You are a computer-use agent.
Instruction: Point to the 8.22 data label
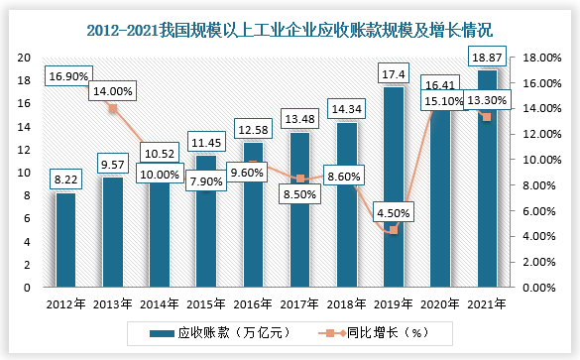(x=65, y=179)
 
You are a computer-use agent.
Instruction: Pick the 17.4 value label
(x=394, y=72)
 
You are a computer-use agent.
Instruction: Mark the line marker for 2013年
(x=112, y=108)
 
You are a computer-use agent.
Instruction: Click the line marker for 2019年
(x=394, y=230)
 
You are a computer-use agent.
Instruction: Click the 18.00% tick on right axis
(x=542, y=57)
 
